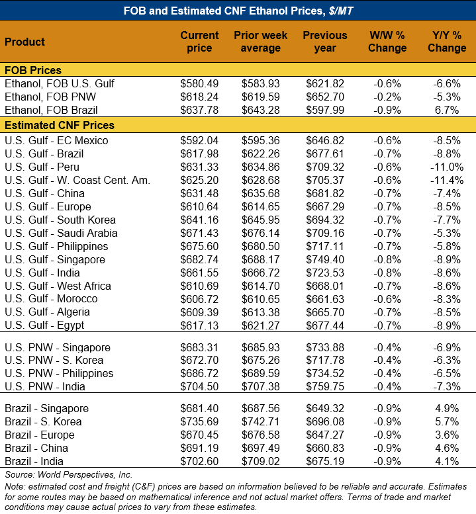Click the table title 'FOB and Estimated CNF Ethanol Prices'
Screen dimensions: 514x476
pos(238,10)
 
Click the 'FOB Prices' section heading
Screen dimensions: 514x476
pos(33,71)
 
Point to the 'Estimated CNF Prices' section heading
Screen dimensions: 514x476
pos(60,125)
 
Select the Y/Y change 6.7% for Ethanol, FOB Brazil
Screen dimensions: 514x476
pos(447,110)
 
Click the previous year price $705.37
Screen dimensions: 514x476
pos(324,180)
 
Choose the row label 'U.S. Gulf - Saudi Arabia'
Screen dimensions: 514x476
pos(61,233)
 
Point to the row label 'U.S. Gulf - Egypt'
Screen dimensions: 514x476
pos(44,325)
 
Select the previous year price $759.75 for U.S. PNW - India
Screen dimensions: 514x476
pos(324,387)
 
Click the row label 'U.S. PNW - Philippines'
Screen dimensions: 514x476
pos(59,374)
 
